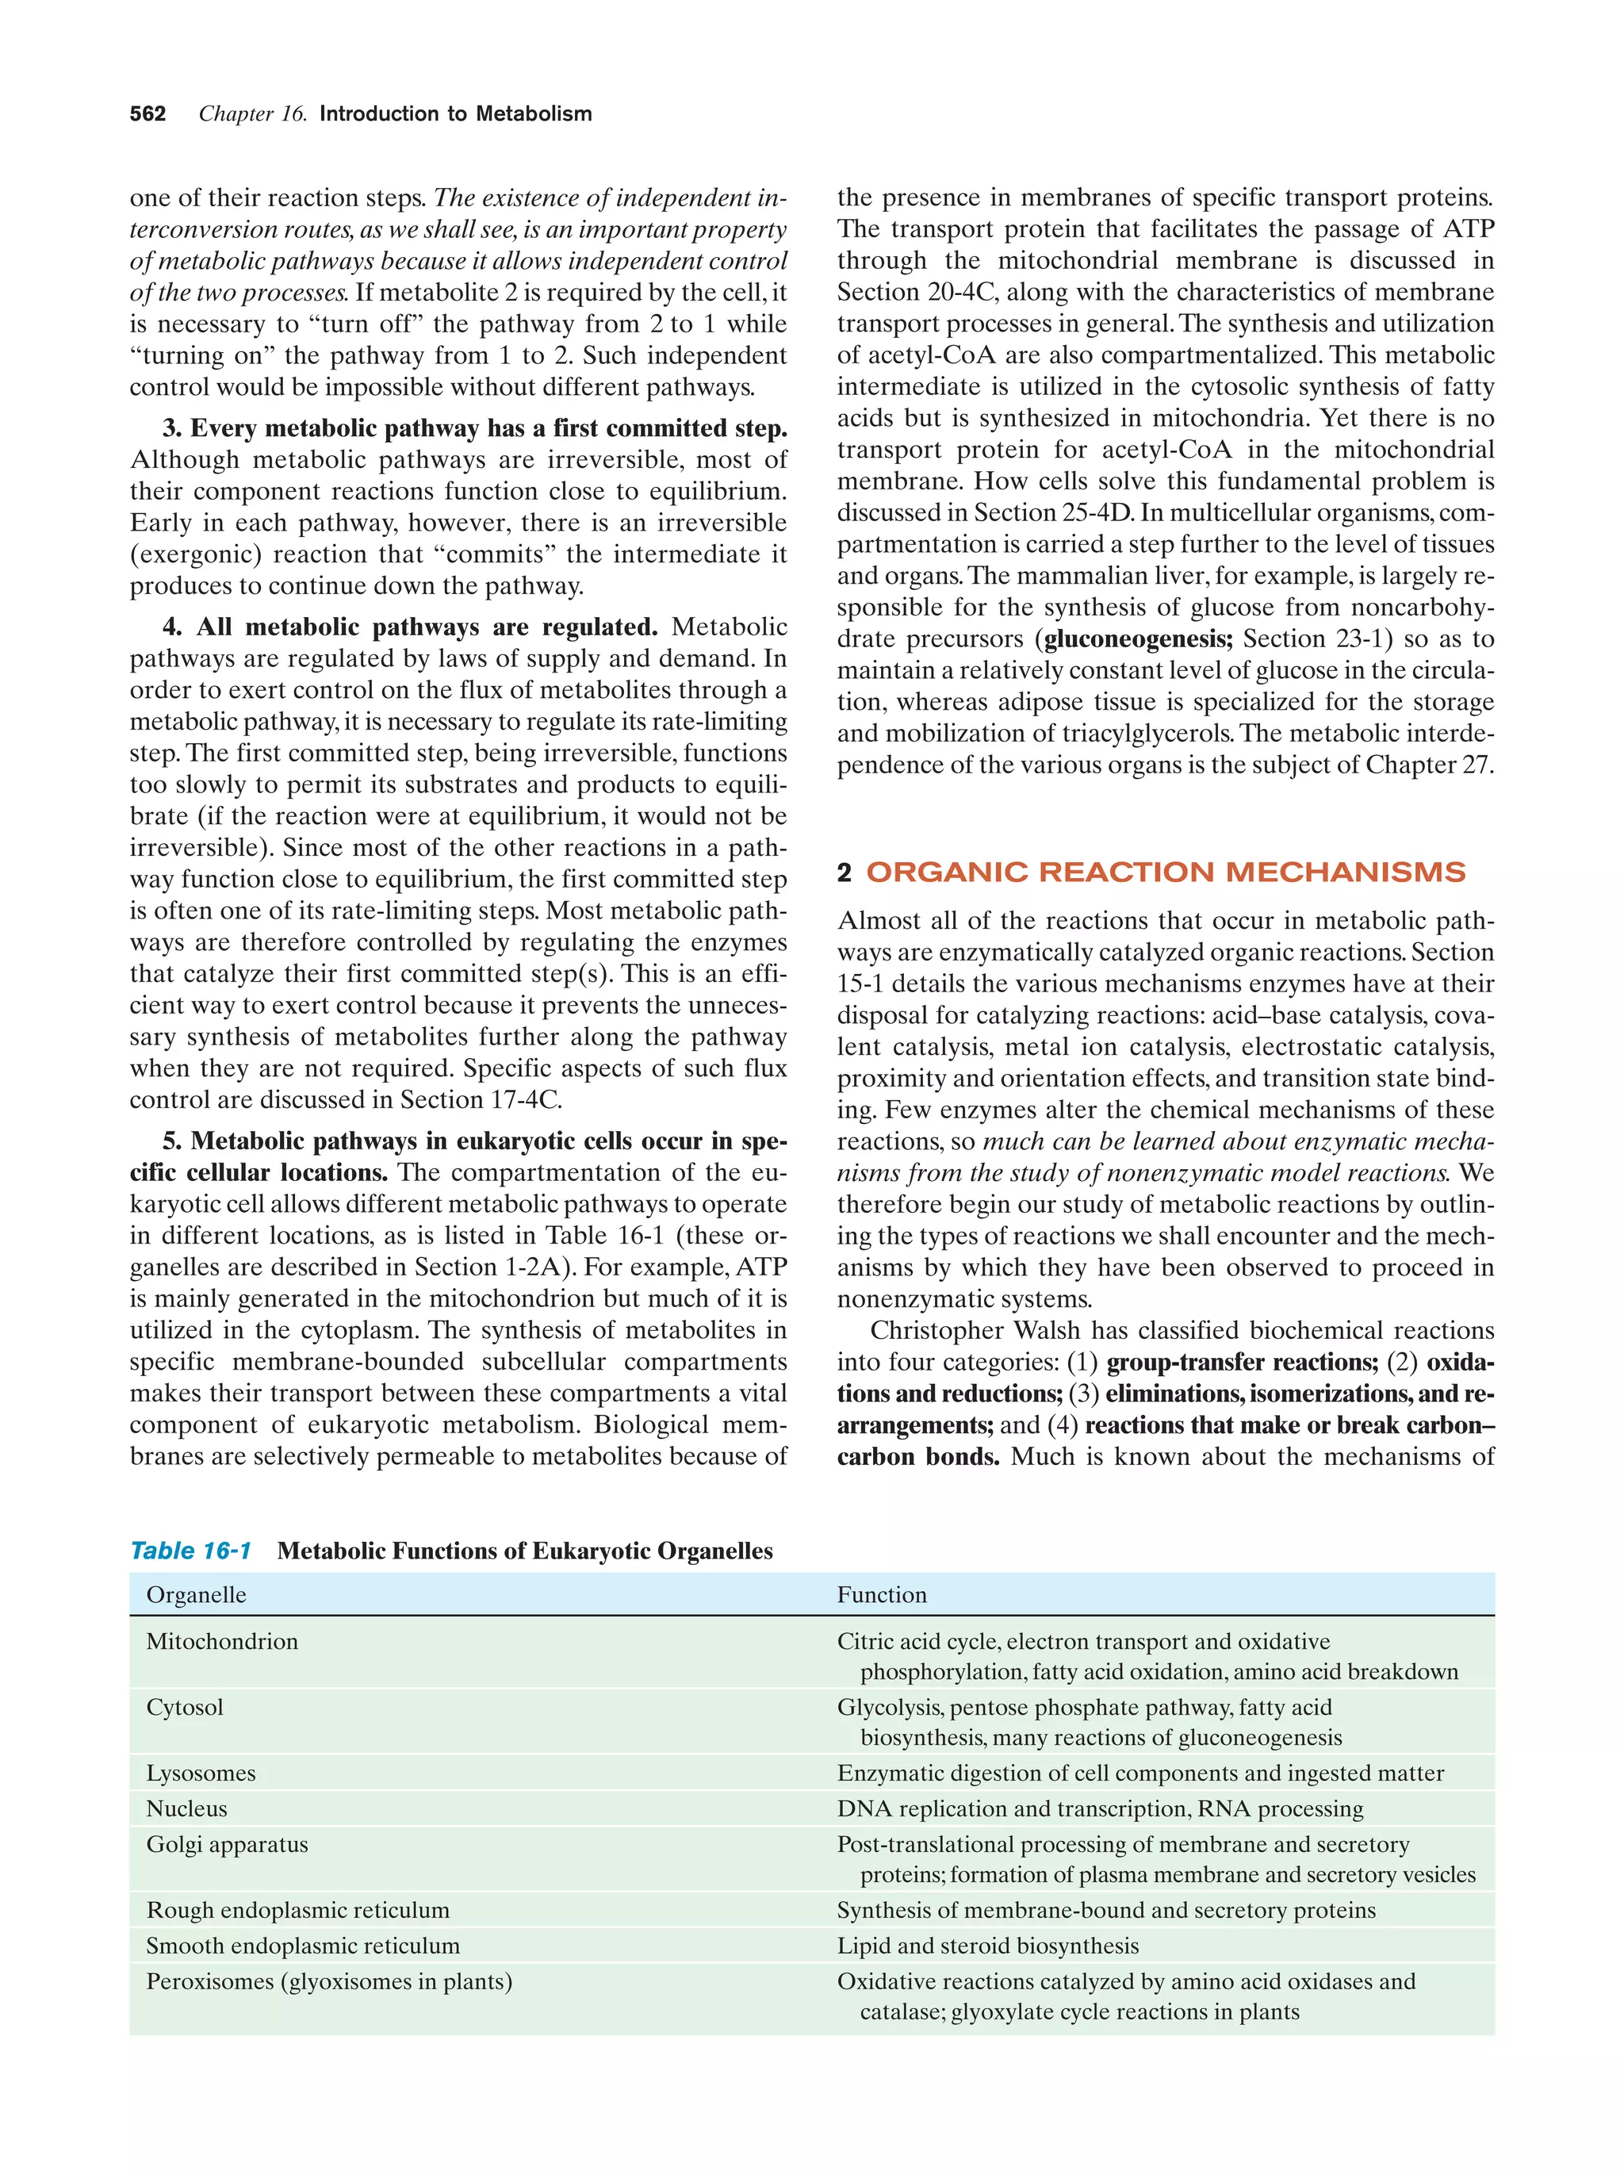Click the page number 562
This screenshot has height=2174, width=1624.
pos(147,114)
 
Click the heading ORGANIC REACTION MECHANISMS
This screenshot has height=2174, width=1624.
pos(1165,872)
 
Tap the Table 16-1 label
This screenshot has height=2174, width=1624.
pos(190,1551)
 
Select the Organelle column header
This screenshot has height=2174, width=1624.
pos(196,1595)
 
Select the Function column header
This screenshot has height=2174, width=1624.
pos(881,1595)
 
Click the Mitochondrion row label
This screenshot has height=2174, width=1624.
pos(222,1641)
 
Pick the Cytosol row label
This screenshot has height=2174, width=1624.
pos(185,1707)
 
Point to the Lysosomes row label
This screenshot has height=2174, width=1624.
pos(201,1773)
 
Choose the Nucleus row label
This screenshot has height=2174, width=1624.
pos(186,1808)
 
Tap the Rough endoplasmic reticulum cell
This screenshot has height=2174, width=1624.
pos(297,1910)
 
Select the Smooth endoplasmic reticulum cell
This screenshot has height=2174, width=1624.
pos(303,1945)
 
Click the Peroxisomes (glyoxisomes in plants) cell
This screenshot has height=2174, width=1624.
pos(329,1981)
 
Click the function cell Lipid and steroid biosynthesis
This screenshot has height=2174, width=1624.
pos(987,1945)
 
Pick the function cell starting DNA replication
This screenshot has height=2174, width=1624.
pos(1099,1808)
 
